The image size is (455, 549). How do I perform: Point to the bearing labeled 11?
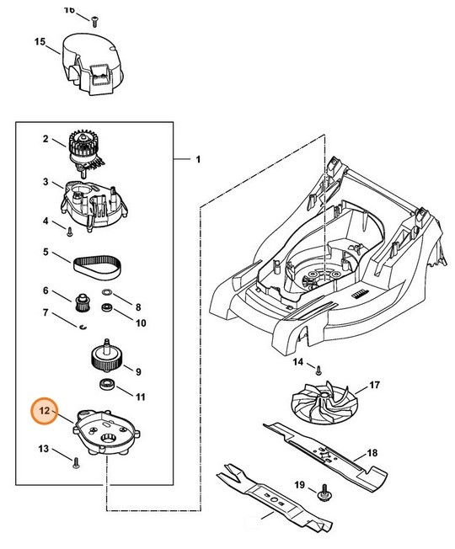(x=108, y=385)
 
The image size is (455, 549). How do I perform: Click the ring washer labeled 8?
(x=108, y=294)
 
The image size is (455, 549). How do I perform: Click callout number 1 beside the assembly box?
(x=198, y=159)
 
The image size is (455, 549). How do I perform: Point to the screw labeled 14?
(x=319, y=367)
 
